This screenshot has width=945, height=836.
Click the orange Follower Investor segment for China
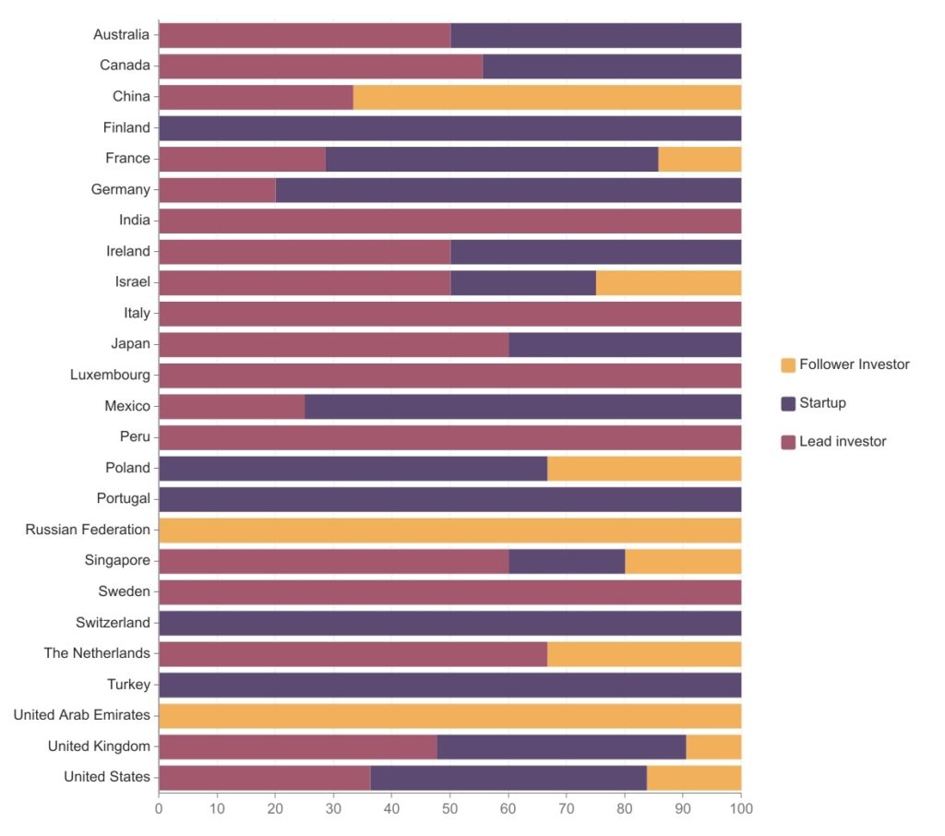[546, 97]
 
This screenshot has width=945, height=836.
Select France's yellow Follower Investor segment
[700, 159]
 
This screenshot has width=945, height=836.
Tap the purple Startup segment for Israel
[523, 282]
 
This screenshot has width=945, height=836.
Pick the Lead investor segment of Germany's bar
[217, 190]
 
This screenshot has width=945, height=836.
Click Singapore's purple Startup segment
[567, 561]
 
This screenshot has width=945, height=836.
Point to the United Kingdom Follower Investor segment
[713, 746]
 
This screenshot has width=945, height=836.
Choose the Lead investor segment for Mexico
[232, 406]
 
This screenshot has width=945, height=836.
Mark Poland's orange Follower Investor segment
[644, 469]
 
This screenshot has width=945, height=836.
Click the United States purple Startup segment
[508, 778]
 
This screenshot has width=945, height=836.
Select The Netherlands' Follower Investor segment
[644, 654]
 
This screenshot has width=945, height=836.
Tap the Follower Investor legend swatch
[788, 364]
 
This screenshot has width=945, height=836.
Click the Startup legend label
[822, 402]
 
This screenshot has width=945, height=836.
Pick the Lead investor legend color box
[788, 442]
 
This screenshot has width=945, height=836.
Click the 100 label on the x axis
[741, 809]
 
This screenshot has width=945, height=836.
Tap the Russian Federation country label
[88, 530]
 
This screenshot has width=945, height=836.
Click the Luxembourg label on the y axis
[110, 375]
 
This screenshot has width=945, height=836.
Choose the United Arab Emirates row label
[81, 715]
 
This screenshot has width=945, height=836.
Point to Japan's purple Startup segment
[625, 345]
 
